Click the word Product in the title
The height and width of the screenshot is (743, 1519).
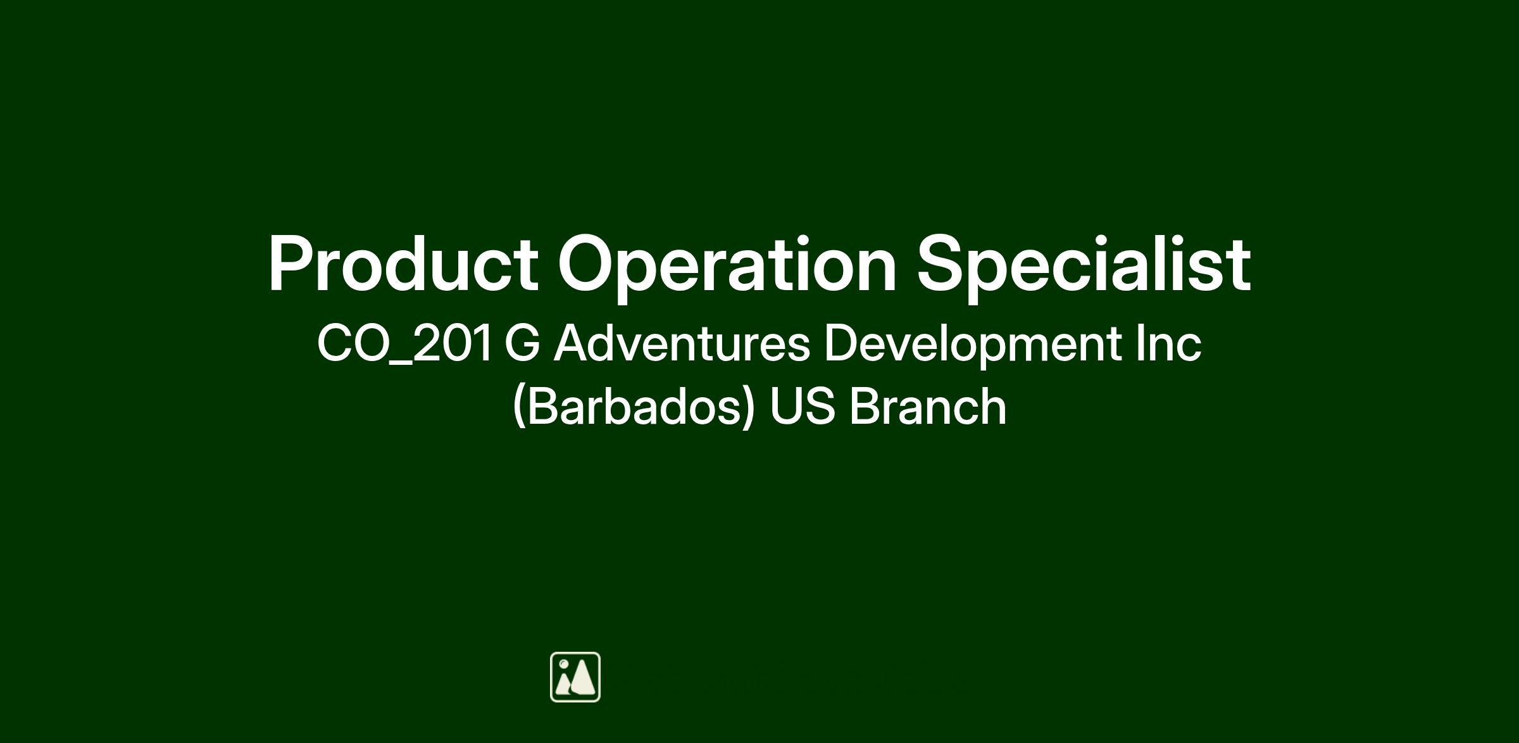click(404, 263)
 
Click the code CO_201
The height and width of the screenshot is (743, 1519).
click(404, 344)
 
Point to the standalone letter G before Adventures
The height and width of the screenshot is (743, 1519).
click(523, 343)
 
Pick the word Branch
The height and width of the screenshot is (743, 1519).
click(928, 406)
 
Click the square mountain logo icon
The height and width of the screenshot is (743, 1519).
click(575, 677)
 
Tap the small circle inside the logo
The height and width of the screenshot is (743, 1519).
click(563, 664)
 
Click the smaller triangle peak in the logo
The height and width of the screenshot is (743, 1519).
click(563, 683)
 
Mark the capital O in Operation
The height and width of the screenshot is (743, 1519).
click(587, 263)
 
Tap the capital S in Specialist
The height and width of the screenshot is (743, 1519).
click(943, 263)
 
